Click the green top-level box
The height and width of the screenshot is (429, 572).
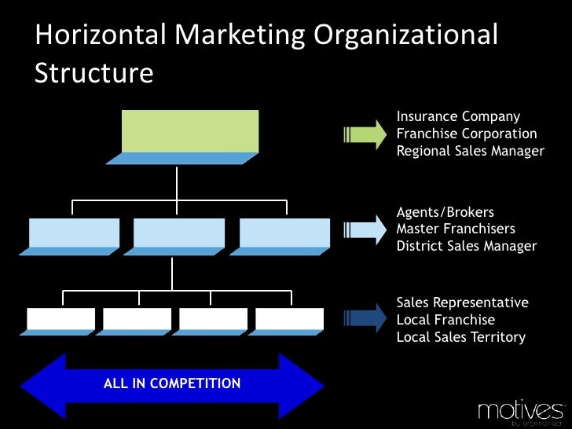(190, 130)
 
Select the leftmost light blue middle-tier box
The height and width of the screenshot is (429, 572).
(75, 233)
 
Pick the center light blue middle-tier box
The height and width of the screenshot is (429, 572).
(179, 233)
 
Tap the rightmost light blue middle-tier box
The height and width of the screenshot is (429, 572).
(284, 233)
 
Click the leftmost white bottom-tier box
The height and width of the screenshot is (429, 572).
(60, 319)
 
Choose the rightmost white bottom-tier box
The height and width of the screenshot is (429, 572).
(289, 319)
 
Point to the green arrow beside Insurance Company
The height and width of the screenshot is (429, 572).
(365, 134)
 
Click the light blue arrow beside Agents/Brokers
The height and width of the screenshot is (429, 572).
(365, 229)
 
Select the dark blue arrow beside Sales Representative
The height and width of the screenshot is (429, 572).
(365, 320)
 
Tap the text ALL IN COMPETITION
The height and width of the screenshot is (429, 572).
(172, 384)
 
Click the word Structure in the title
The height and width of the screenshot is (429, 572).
(93, 72)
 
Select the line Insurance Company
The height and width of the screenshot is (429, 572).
(458, 117)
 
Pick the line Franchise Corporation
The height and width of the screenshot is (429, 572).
(467, 134)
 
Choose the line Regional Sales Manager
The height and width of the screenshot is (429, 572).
(470, 152)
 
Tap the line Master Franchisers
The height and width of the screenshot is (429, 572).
(456, 229)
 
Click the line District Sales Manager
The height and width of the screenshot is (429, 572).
(467, 247)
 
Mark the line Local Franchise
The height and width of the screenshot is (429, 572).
(445, 320)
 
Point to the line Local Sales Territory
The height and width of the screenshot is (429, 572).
(460, 337)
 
